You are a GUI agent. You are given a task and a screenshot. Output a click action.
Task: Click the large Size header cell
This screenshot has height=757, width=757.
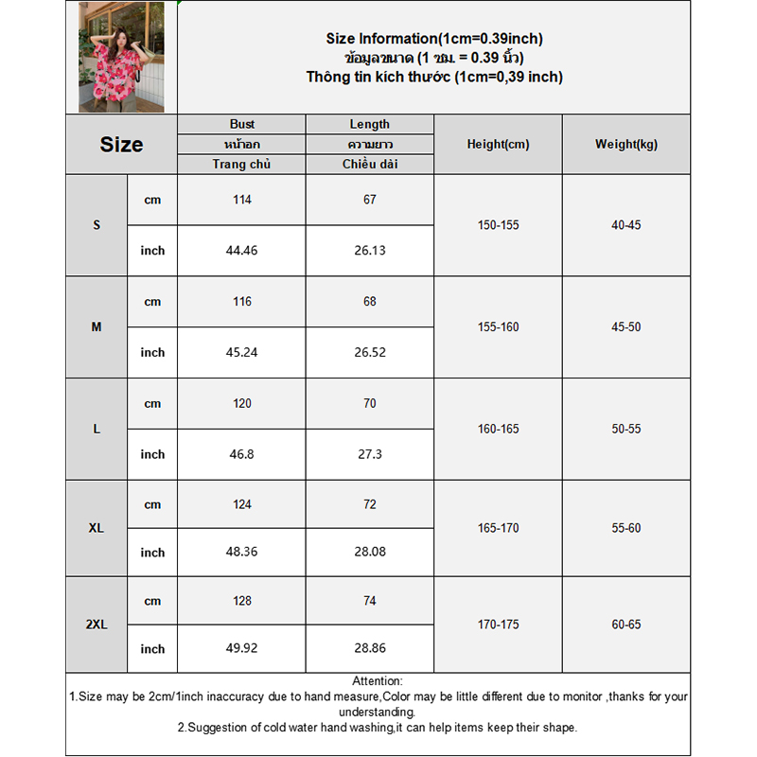pyautogui.click(x=121, y=145)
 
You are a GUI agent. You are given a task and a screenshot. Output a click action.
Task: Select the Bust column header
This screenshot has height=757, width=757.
pyautogui.click(x=242, y=124)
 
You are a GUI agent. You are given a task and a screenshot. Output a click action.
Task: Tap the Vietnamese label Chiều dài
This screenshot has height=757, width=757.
pyautogui.click(x=369, y=165)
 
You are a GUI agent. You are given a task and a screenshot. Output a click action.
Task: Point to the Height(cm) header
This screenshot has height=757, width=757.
pyautogui.click(x=498, y=145)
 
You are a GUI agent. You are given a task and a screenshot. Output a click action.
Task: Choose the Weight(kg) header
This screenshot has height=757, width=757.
pyautogui.click(x=626, y=145)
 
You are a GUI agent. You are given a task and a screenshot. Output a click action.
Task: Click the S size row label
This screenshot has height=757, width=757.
pyautogui.click(x=97, y=225)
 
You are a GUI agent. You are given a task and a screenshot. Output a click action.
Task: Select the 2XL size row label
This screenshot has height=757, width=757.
pyautogui.click(x=97, y=625)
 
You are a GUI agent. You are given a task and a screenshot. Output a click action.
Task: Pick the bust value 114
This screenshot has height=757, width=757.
pyautogui.click(x=242, y=200)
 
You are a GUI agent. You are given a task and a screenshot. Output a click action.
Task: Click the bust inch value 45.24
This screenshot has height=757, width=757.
pyautogui.click(x=242, y=352)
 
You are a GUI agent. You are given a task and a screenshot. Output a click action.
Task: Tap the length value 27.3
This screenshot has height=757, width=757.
pyautogui.click(x=369, y=454)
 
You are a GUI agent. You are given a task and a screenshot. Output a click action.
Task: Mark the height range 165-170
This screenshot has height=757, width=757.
pyautogui.click(x=498, y=528)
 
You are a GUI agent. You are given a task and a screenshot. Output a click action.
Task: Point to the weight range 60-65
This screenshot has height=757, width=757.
pyautogui.click(x=626, y=625)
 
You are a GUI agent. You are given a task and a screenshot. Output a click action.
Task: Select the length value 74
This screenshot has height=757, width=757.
pyautogui.click(x=369, y=601)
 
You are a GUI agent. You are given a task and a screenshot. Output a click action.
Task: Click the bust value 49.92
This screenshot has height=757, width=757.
pyautogui.click(x=242, y=649)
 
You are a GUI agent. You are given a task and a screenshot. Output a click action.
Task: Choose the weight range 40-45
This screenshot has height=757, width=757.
pyautogui.click(x=626, y=225)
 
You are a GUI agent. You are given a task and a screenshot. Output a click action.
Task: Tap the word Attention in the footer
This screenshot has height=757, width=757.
pyautogui.click(x=378, y=681)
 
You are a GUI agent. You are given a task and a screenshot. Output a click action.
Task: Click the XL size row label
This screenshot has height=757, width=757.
pyautogui.click(x=97, y=528)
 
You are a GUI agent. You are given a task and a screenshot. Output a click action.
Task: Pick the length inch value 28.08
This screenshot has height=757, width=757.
pyautogui.click(x=369, y=553)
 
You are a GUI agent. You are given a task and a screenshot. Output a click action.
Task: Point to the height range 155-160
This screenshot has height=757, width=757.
pyautogui.click(x=498, y=327)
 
